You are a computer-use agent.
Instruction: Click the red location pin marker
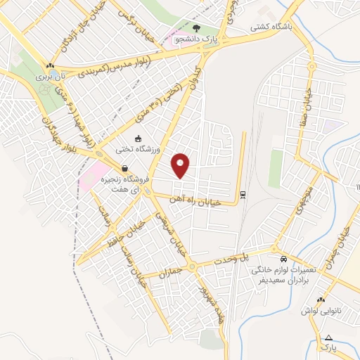point(181,165)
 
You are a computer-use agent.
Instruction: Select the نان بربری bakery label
point(54,74)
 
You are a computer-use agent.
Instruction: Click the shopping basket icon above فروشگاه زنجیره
point(124,169)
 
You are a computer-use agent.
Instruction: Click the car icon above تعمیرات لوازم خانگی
point(283,258)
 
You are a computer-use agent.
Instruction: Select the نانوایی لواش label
point(320,310)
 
